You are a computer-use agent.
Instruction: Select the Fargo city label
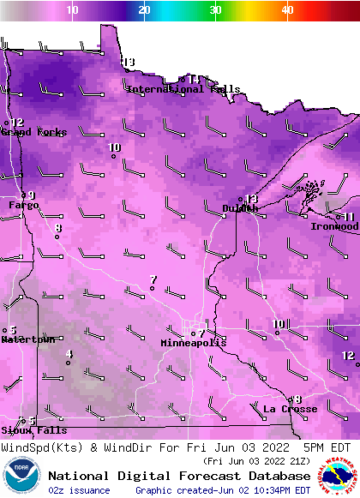tap(24, 206)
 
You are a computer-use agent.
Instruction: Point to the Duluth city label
tap(240, 208)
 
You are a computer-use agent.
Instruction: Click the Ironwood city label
tap(334, 227)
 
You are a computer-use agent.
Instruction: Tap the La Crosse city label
tap(290, 410)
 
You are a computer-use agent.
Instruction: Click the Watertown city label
tap(27, 340)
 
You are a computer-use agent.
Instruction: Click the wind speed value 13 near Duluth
tap(252, 199)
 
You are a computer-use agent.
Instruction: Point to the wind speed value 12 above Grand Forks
tap(17, 123)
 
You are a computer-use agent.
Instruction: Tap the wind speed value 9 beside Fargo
tap(32, 195)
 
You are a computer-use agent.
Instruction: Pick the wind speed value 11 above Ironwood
tap(349, 217)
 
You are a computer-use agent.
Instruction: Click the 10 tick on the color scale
tap(72, 9)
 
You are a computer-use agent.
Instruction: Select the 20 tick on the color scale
tap(144, 9)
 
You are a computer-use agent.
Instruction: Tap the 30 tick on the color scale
tap(215, 9)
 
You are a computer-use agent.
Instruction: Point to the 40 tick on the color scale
tap(287, 9)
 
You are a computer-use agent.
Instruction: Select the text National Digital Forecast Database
tap(179, 476)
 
